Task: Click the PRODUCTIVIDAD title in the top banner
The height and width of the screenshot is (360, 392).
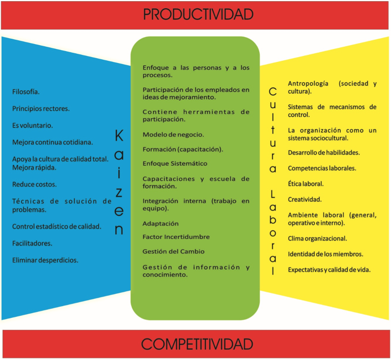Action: pos(198,14)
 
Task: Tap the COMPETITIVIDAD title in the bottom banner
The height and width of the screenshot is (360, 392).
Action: pos(197,344)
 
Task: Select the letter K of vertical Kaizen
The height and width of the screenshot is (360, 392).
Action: pos(119,136)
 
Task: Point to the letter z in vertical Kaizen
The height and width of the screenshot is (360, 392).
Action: pos(119,192)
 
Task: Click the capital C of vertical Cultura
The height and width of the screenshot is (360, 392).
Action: pos(273,91)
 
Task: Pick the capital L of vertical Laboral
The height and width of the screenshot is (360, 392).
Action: pos(273,194)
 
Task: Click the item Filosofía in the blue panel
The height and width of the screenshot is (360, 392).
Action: pos(26,92)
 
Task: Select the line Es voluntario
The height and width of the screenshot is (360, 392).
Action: pos(32,125)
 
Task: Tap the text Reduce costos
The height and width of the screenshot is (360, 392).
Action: pos(34,185)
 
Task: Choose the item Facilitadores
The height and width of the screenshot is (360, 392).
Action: pos(32,243)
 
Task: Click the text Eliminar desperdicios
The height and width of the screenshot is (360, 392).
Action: pos(45,260)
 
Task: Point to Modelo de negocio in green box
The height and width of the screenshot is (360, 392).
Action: pos(173,135)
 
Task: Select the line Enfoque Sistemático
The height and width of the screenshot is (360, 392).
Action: pos(175,164)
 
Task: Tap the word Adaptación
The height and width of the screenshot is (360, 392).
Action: pos(160,224)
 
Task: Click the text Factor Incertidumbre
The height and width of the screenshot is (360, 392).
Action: pos(176,237)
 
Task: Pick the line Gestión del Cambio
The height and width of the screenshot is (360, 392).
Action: pos(174,251)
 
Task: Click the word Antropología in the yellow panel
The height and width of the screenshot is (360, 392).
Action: pos(308,83)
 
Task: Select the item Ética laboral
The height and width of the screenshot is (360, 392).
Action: pos(305,184)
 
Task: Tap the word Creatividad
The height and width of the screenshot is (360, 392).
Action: pos(304,200)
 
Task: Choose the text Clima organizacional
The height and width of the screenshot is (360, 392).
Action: pos(317,238)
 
